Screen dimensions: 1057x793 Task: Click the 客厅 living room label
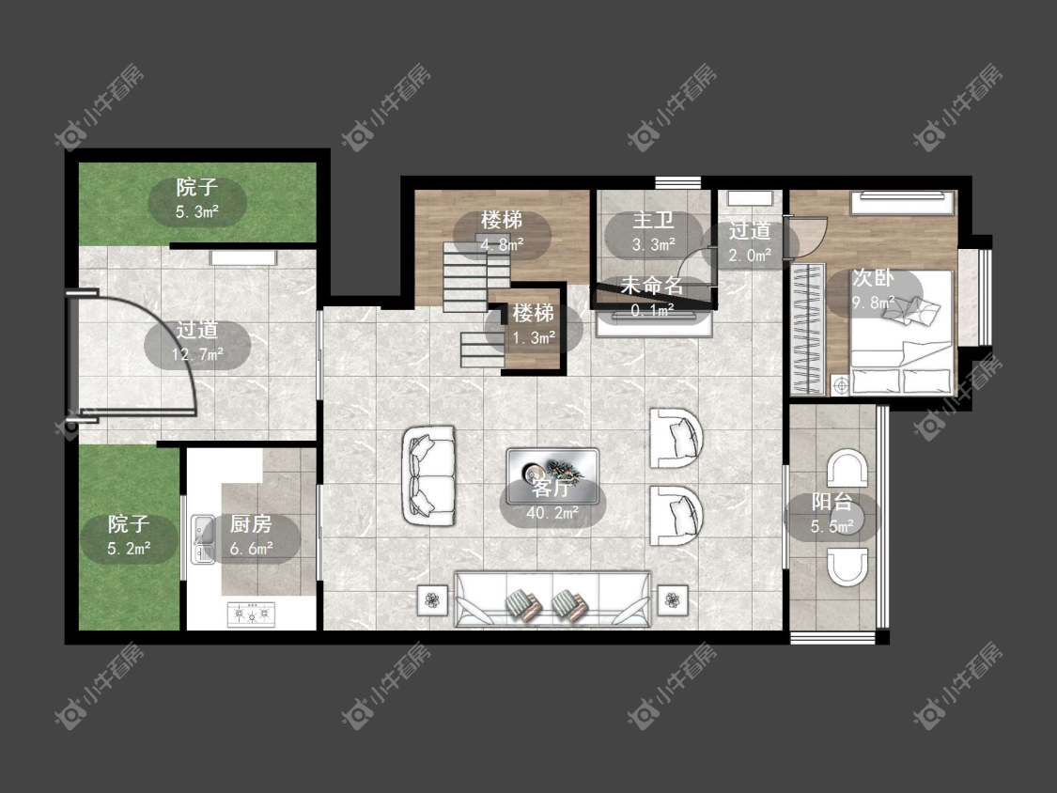[x=552, y=488]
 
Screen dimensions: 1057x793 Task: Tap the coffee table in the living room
[x=552, y=476]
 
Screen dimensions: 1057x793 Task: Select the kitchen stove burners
[x=252, y=614]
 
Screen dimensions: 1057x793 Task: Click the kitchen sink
[x=202, y=538]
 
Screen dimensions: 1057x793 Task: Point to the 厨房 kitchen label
[x=251, y=524]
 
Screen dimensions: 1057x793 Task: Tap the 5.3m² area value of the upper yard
[x=197, y=211]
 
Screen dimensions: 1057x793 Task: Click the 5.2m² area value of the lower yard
[x=128, y=549]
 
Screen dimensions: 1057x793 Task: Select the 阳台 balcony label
[x=832, y=502]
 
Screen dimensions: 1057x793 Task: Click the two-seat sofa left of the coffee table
[x=429, y=475]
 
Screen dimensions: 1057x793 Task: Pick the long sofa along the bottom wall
[x=552, y=599]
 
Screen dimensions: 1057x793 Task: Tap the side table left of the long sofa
[x=432, y=599]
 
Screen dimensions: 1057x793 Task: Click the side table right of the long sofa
[x=672, y=599]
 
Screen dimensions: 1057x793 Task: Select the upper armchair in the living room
[x=676, y=438]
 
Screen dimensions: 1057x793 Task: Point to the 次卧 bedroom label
[x=873, y=278]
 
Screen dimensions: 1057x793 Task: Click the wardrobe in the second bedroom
[x=808, y=329]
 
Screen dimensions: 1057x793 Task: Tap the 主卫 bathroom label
[x=653, y=221]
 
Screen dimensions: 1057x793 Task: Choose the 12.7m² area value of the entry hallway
[x=197, y=354]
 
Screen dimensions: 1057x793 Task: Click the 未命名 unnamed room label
[x=652, y=286]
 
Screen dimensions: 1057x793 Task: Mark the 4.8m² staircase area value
[x=503, y=245]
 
